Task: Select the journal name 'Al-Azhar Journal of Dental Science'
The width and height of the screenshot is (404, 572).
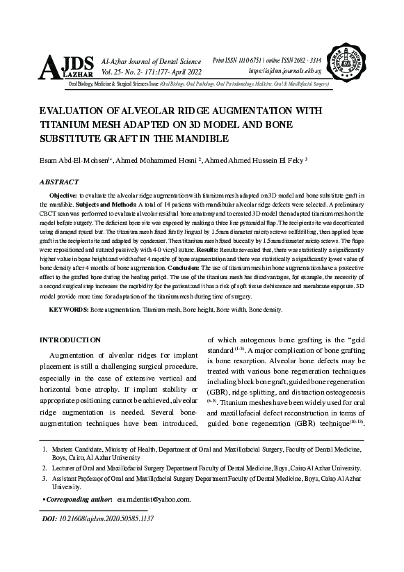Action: click(x=151, y=63)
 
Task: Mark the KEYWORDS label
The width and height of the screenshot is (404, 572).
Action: click(x=69, y=308)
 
